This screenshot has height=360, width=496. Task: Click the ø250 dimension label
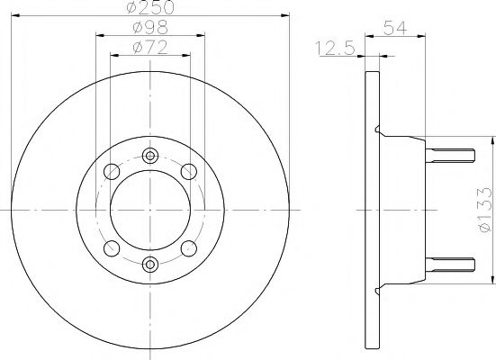pyautogui.click(x=150, y=7)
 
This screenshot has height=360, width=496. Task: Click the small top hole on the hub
pyautogui.click(x=150, y=153)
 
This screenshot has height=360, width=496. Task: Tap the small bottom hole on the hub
pyautogui.click(x=150, y=264)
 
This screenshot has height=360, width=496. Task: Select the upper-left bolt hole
pyautogui.click(x=113, y=171)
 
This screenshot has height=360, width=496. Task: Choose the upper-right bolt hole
pyautogui.click(x=188, y=171)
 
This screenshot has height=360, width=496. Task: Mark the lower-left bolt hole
pyautogui.click(x=113, y=247)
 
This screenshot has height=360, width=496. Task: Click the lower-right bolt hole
pyautogui.click(x=188, y=247)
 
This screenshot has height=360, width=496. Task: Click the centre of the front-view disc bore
pyautogui.click(x=150, y=209)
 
